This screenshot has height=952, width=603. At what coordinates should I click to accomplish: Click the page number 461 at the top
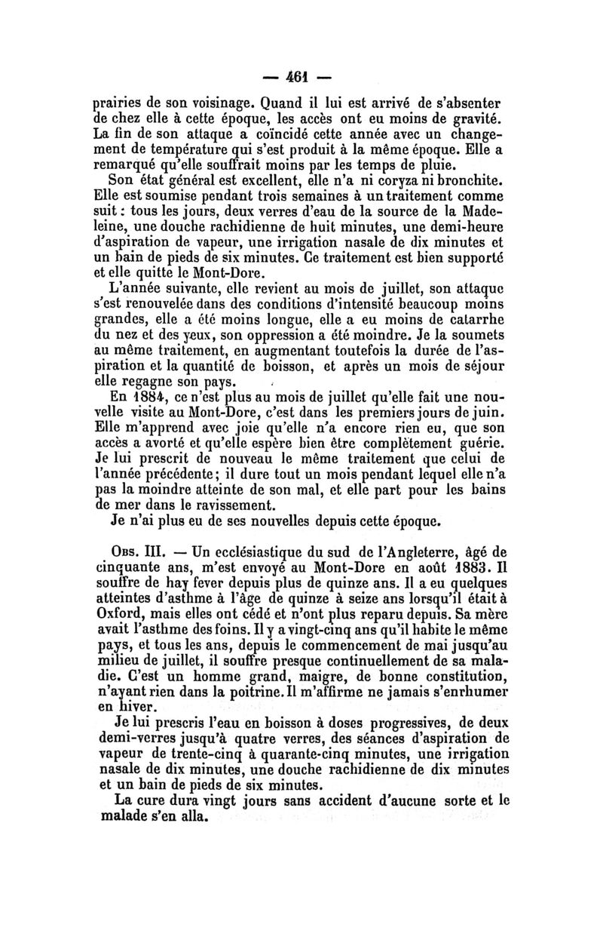click(302, 77)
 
